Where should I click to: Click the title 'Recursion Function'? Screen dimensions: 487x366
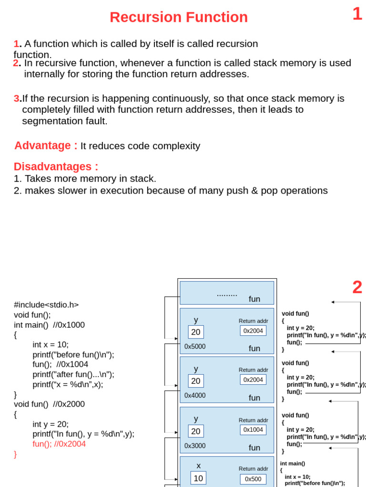tap(179, 17)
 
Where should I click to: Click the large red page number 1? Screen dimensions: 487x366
tap(357, 14)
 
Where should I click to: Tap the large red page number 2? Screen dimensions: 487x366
tap(357, 287)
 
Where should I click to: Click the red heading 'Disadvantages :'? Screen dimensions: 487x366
tap(56, 166)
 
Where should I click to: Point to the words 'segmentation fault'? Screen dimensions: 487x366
tap(65, 121)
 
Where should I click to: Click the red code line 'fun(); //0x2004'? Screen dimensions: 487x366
tap(59, 444)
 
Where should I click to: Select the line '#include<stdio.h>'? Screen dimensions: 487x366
tap(46, 305)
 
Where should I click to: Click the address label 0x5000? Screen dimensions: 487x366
tap(195, 347)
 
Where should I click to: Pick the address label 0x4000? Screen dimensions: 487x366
tap(195, 396)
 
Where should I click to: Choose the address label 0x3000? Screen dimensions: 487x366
tap(195, 446)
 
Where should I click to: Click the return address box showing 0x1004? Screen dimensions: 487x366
tap(253, 430)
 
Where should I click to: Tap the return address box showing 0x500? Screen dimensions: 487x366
tap(253, 479)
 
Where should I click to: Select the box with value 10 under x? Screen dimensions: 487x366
tap(198, 478)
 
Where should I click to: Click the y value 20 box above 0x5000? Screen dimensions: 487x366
tap(196, 332)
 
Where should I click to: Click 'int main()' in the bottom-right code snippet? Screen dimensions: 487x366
tap(293, 463)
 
